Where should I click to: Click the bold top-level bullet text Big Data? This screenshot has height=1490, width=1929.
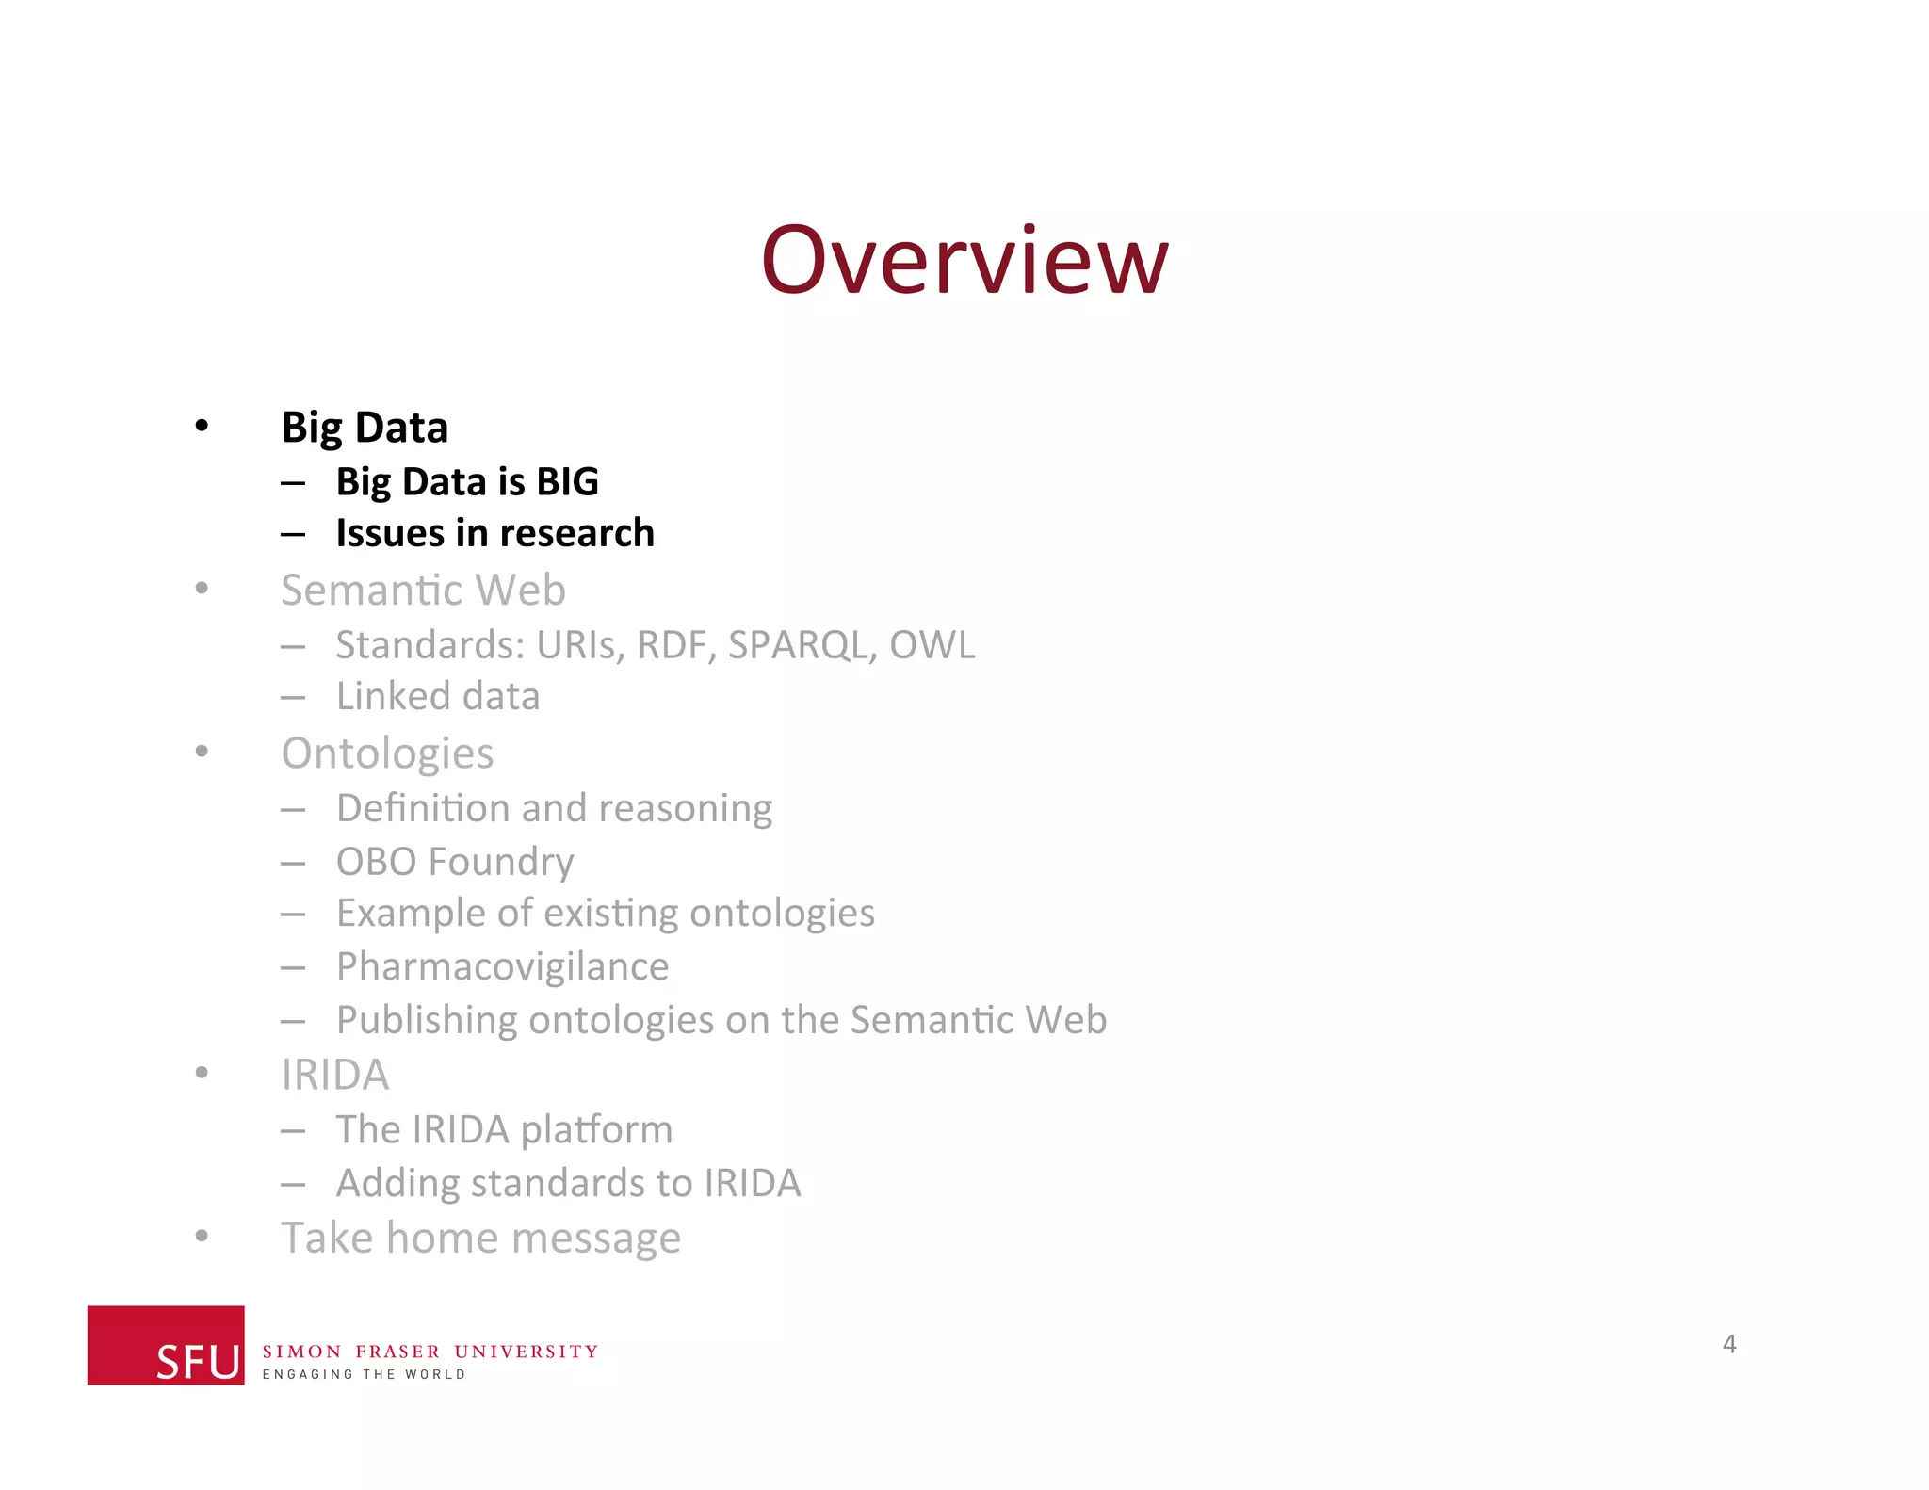365,428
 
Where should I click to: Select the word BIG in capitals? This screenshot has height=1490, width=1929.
567,482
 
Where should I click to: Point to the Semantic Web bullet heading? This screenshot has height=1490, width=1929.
423,591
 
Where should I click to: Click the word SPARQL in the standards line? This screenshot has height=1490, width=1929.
802,645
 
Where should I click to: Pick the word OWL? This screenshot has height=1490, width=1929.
932,645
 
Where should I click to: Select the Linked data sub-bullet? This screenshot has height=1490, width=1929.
438,697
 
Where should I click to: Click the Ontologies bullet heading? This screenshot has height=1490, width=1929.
387,753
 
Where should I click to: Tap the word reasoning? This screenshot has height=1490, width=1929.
685,808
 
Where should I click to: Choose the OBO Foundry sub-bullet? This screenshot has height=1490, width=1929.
455,862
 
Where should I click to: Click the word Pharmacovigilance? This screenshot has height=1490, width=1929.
502,966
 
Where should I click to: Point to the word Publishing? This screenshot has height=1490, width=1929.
427,1020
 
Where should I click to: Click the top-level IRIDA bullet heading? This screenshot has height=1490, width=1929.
335,1075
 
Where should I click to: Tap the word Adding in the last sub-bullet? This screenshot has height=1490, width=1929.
397,1183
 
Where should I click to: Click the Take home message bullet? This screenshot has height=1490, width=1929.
480,1238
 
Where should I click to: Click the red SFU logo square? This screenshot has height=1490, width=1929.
166,1344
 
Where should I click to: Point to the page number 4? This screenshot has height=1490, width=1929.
1729,1343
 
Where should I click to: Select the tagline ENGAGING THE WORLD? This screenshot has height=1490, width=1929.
364,1375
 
